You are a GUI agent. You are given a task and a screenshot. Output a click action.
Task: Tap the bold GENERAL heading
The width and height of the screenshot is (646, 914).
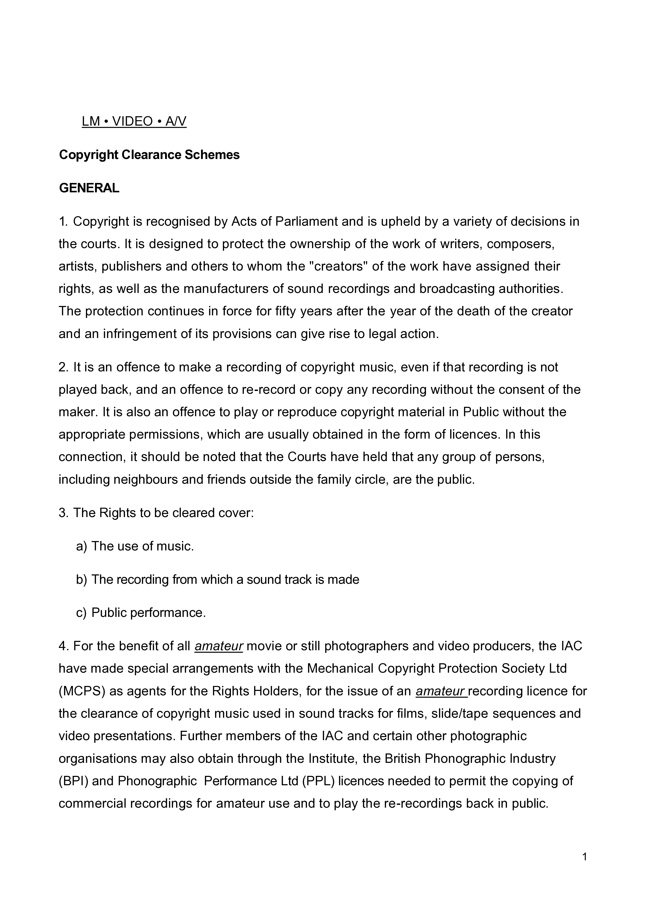[89, 188]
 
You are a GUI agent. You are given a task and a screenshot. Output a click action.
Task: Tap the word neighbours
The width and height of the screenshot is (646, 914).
[146, 479]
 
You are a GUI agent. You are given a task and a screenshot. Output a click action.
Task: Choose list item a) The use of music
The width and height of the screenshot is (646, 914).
[135, 546]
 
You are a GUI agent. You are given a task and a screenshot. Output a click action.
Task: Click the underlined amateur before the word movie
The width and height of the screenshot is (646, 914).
[219, 646]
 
